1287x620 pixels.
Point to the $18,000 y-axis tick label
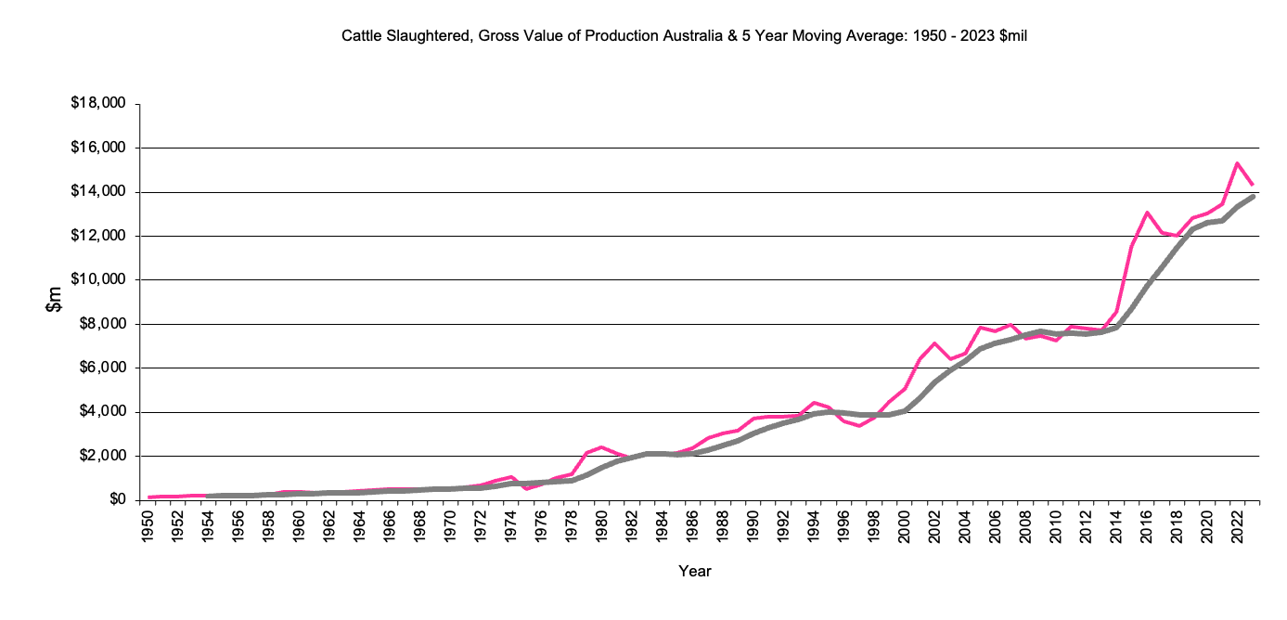point(98,103)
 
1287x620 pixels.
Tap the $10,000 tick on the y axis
point(98,279)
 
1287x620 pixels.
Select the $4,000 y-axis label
point(101,412)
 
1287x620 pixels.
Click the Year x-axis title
point(695,572)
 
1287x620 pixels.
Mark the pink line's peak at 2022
point(1237,163)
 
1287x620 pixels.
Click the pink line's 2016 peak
point(1147,213)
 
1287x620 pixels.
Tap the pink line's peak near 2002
point(935,343)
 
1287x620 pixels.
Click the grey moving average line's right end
point(1253,196)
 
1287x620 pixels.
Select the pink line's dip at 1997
point(860,425)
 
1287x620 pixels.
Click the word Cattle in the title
point(363,37)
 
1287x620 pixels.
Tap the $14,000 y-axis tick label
point(98,191)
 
